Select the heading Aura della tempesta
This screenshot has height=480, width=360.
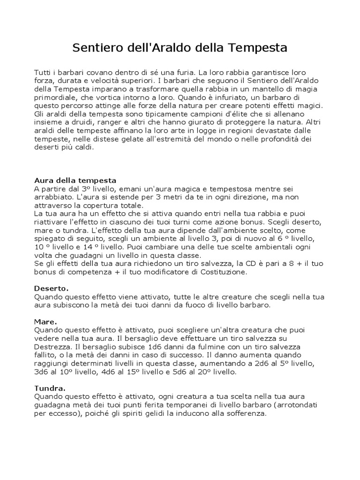(75, 180)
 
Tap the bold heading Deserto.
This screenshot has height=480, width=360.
(52, 288)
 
